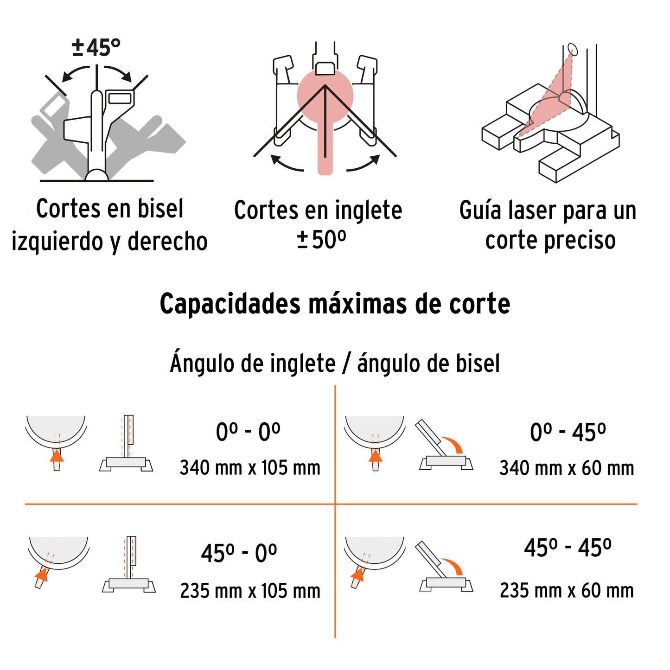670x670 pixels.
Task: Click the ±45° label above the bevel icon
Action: (x=96, y=47)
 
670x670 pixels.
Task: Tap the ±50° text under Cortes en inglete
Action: (x=321, y=240)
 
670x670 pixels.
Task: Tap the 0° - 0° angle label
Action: (x=248, y=432)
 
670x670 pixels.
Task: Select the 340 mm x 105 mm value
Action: (x=250, y=468)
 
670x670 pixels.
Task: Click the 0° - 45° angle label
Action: (x=568, y=433)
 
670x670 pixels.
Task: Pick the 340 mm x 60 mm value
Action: (x=567, y=468)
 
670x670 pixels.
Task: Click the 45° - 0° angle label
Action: (x=239, y=553)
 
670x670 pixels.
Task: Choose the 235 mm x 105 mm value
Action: (x=250, y=591)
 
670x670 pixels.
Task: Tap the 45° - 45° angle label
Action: (x=568, y=548)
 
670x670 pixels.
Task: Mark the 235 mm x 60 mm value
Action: (x=567, y=591)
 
